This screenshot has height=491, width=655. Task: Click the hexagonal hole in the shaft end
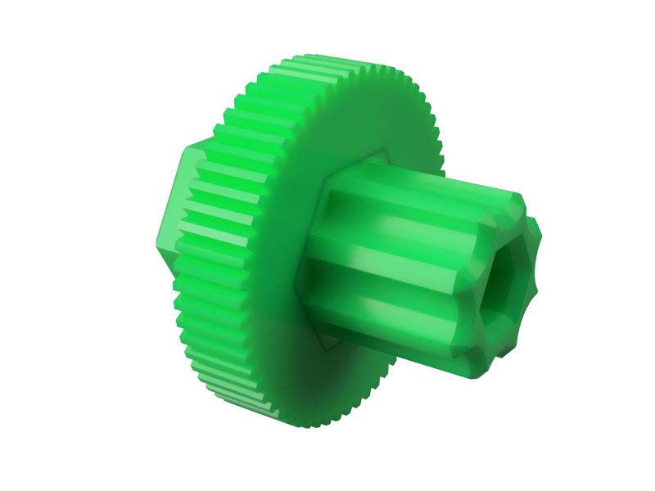coord(501,286)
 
